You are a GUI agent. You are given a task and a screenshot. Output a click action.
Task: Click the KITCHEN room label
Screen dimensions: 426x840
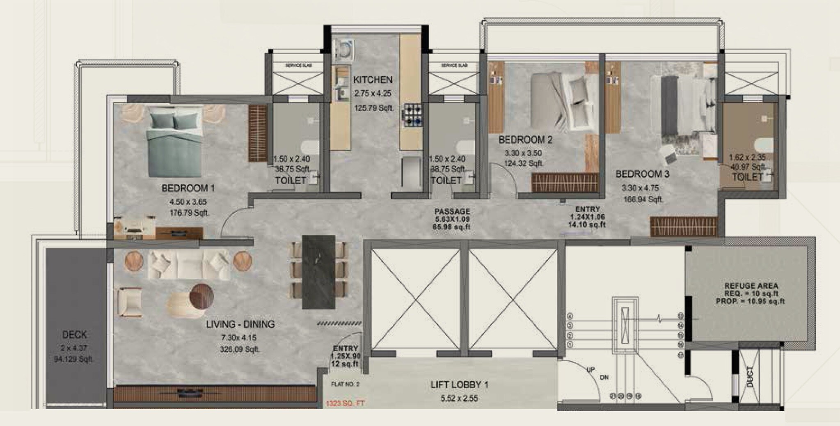pyautogui.click(x=373, y=80)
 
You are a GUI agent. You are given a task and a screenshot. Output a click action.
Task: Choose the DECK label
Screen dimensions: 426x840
pyautogui.click(x=75, y=334)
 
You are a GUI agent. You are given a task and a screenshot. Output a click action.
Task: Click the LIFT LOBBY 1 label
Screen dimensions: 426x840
pyautogui.click(x=459, y=385)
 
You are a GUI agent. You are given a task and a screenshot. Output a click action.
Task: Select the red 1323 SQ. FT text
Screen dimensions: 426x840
pyautogui.click(x=345, y=404)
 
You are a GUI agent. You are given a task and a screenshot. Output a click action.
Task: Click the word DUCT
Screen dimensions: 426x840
pyautogui.click(x=750, y=377)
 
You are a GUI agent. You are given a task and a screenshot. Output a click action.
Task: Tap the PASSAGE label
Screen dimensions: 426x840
pyautogui.click(x=452, y=212)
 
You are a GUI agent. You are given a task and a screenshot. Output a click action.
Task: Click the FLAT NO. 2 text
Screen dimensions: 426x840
pyautogui.click(x=345, y=385)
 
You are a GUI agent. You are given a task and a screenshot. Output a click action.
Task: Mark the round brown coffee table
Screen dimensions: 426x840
pyautogui.click(x=202, y=295)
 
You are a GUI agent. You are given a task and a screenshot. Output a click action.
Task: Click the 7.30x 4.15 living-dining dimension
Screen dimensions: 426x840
pyautogui.click(x=238, y=338)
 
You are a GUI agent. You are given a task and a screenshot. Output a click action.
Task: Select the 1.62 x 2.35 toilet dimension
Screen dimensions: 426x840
pyautogui.click(x=747, y=158)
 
